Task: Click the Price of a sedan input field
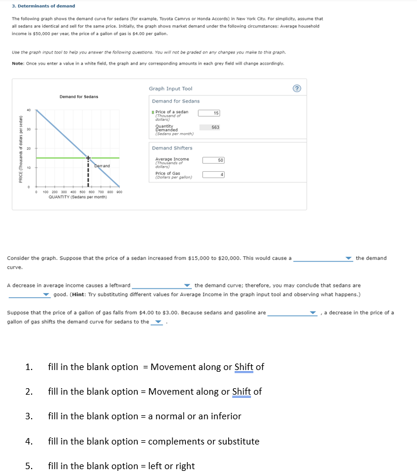[209, 113]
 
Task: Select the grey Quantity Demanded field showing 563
[209, 127]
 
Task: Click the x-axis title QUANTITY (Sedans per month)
[77, 197]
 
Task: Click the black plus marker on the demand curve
[89, 158]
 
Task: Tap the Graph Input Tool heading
[171, 89]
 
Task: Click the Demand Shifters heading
[172, 148]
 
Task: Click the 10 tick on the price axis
[28, 168]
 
